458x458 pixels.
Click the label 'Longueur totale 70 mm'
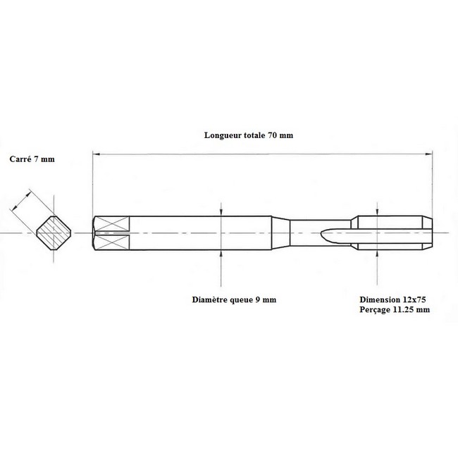(248, 135)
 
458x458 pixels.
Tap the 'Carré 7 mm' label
(32, 159)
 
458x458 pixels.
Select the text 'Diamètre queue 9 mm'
(234, 299)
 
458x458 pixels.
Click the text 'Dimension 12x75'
(392, 299)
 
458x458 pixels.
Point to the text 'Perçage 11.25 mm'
(395, 309)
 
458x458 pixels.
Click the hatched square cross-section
(54, 233)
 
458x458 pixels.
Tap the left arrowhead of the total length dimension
(96, 154)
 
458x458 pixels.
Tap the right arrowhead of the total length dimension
(429, 154)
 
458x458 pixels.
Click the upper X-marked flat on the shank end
(112, 223)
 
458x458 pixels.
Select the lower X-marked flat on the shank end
(112, 242)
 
